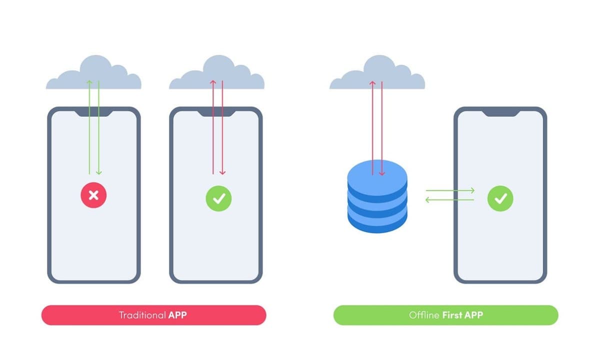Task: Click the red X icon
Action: [93, 195]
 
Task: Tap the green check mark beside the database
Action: [500, 198]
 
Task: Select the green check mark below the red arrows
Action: [218, 198]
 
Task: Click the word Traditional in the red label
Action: [142, 315]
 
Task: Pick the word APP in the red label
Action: [177, 315]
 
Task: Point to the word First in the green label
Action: [451, 315]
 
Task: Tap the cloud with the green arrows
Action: [93, 75]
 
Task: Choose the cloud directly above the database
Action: [377, 75]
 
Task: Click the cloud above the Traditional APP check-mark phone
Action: [216, 75]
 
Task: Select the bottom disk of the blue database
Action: [377, 220]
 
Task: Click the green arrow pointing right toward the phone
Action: [449, 190]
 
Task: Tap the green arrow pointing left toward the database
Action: [449, 200]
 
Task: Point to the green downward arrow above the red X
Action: [98, 130]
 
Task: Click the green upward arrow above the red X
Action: [89, 130]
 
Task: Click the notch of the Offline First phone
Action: [500, 113]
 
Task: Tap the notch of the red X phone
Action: [93, 113]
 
